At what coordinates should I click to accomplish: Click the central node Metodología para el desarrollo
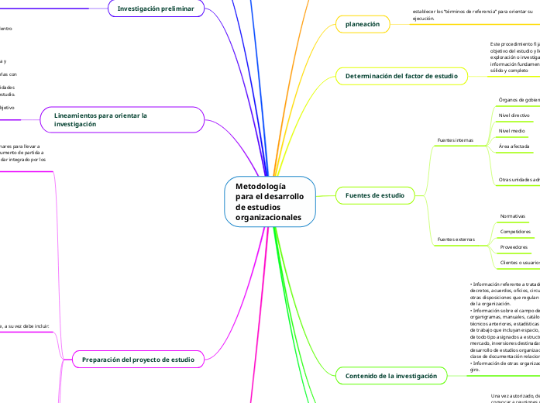[270, 202]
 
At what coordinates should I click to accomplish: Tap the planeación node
[362, 24]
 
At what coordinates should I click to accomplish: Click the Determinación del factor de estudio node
[401, 76]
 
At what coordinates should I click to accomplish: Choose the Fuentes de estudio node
[375, 195]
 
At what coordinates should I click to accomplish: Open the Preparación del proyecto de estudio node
[138, 359]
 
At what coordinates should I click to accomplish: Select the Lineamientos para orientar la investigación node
[122, 119]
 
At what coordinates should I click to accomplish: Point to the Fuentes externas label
[455, 239]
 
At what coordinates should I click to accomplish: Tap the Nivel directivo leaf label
[514, 115]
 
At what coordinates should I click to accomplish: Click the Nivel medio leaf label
[511, 131]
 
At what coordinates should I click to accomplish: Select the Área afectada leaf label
[514, 146]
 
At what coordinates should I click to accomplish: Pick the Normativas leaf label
[513, 216]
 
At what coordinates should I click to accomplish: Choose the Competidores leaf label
[515, 231]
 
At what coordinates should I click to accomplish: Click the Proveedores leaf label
[514, 247]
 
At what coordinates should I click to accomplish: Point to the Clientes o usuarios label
[519, 263]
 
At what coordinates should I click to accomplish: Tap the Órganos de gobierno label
[519, 100]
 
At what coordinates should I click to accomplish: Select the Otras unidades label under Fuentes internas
[519, 180]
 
